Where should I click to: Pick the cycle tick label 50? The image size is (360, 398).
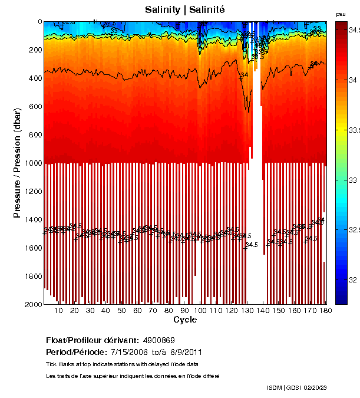(121, 311)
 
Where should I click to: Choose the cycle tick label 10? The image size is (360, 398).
(58, 311)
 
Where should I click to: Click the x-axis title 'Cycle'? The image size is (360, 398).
(185, 320)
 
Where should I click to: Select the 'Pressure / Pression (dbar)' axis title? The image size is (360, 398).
(17, 163)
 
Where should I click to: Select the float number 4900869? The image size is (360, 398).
(158, 341)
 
